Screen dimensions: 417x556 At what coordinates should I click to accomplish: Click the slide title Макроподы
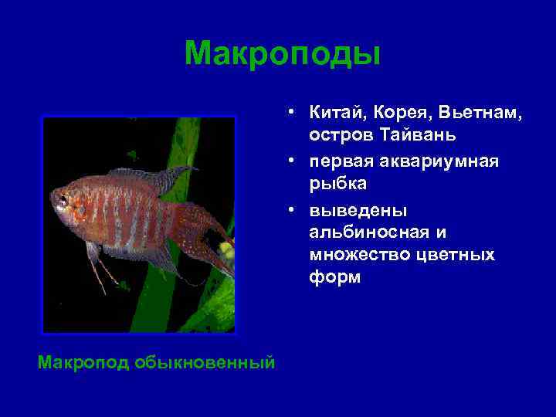pyautogui.click(x=282, y=54)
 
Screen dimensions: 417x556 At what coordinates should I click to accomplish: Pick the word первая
pyautogui.click(x=341, y=161)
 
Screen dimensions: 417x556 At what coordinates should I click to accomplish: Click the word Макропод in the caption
pyautogui.click(x=83, y=363)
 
